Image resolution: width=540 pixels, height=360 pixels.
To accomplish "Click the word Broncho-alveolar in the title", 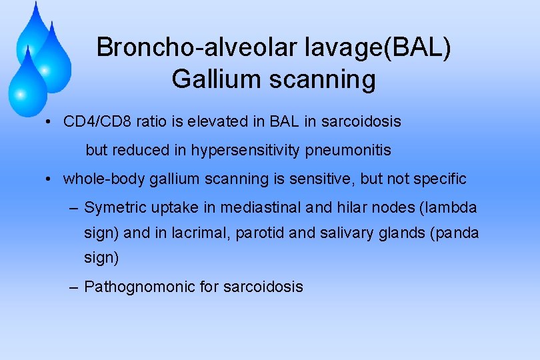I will pos(178,48).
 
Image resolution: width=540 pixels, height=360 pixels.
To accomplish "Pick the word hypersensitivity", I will pos(246,151).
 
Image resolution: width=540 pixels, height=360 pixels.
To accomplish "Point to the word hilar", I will pos(347,208).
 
